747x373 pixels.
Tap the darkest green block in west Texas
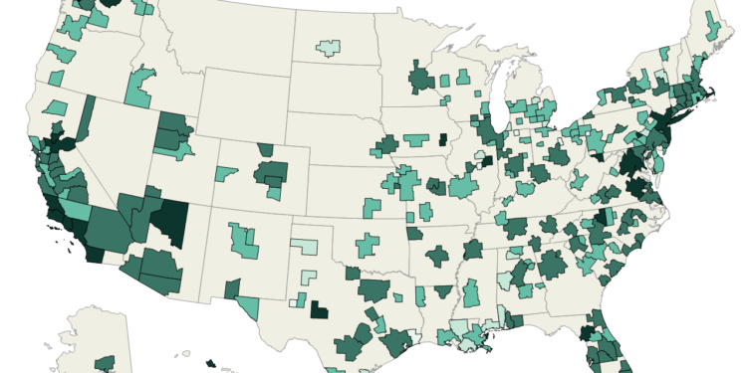pyautogui.click(x=319, y=310)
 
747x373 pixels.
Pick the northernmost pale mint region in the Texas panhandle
pyautogui.click(x=305, y=247)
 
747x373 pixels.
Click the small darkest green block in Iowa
pyautogui.click(x=442, y=152)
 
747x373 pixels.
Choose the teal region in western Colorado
pyautogui.click(x=226, y=174)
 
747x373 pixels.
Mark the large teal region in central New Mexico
pyautogui.click(x=243, y=240)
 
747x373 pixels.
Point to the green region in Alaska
pyautogui.click(x=104, y=364)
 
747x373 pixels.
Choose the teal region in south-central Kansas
pyautogui.click(x=372, y=208)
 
